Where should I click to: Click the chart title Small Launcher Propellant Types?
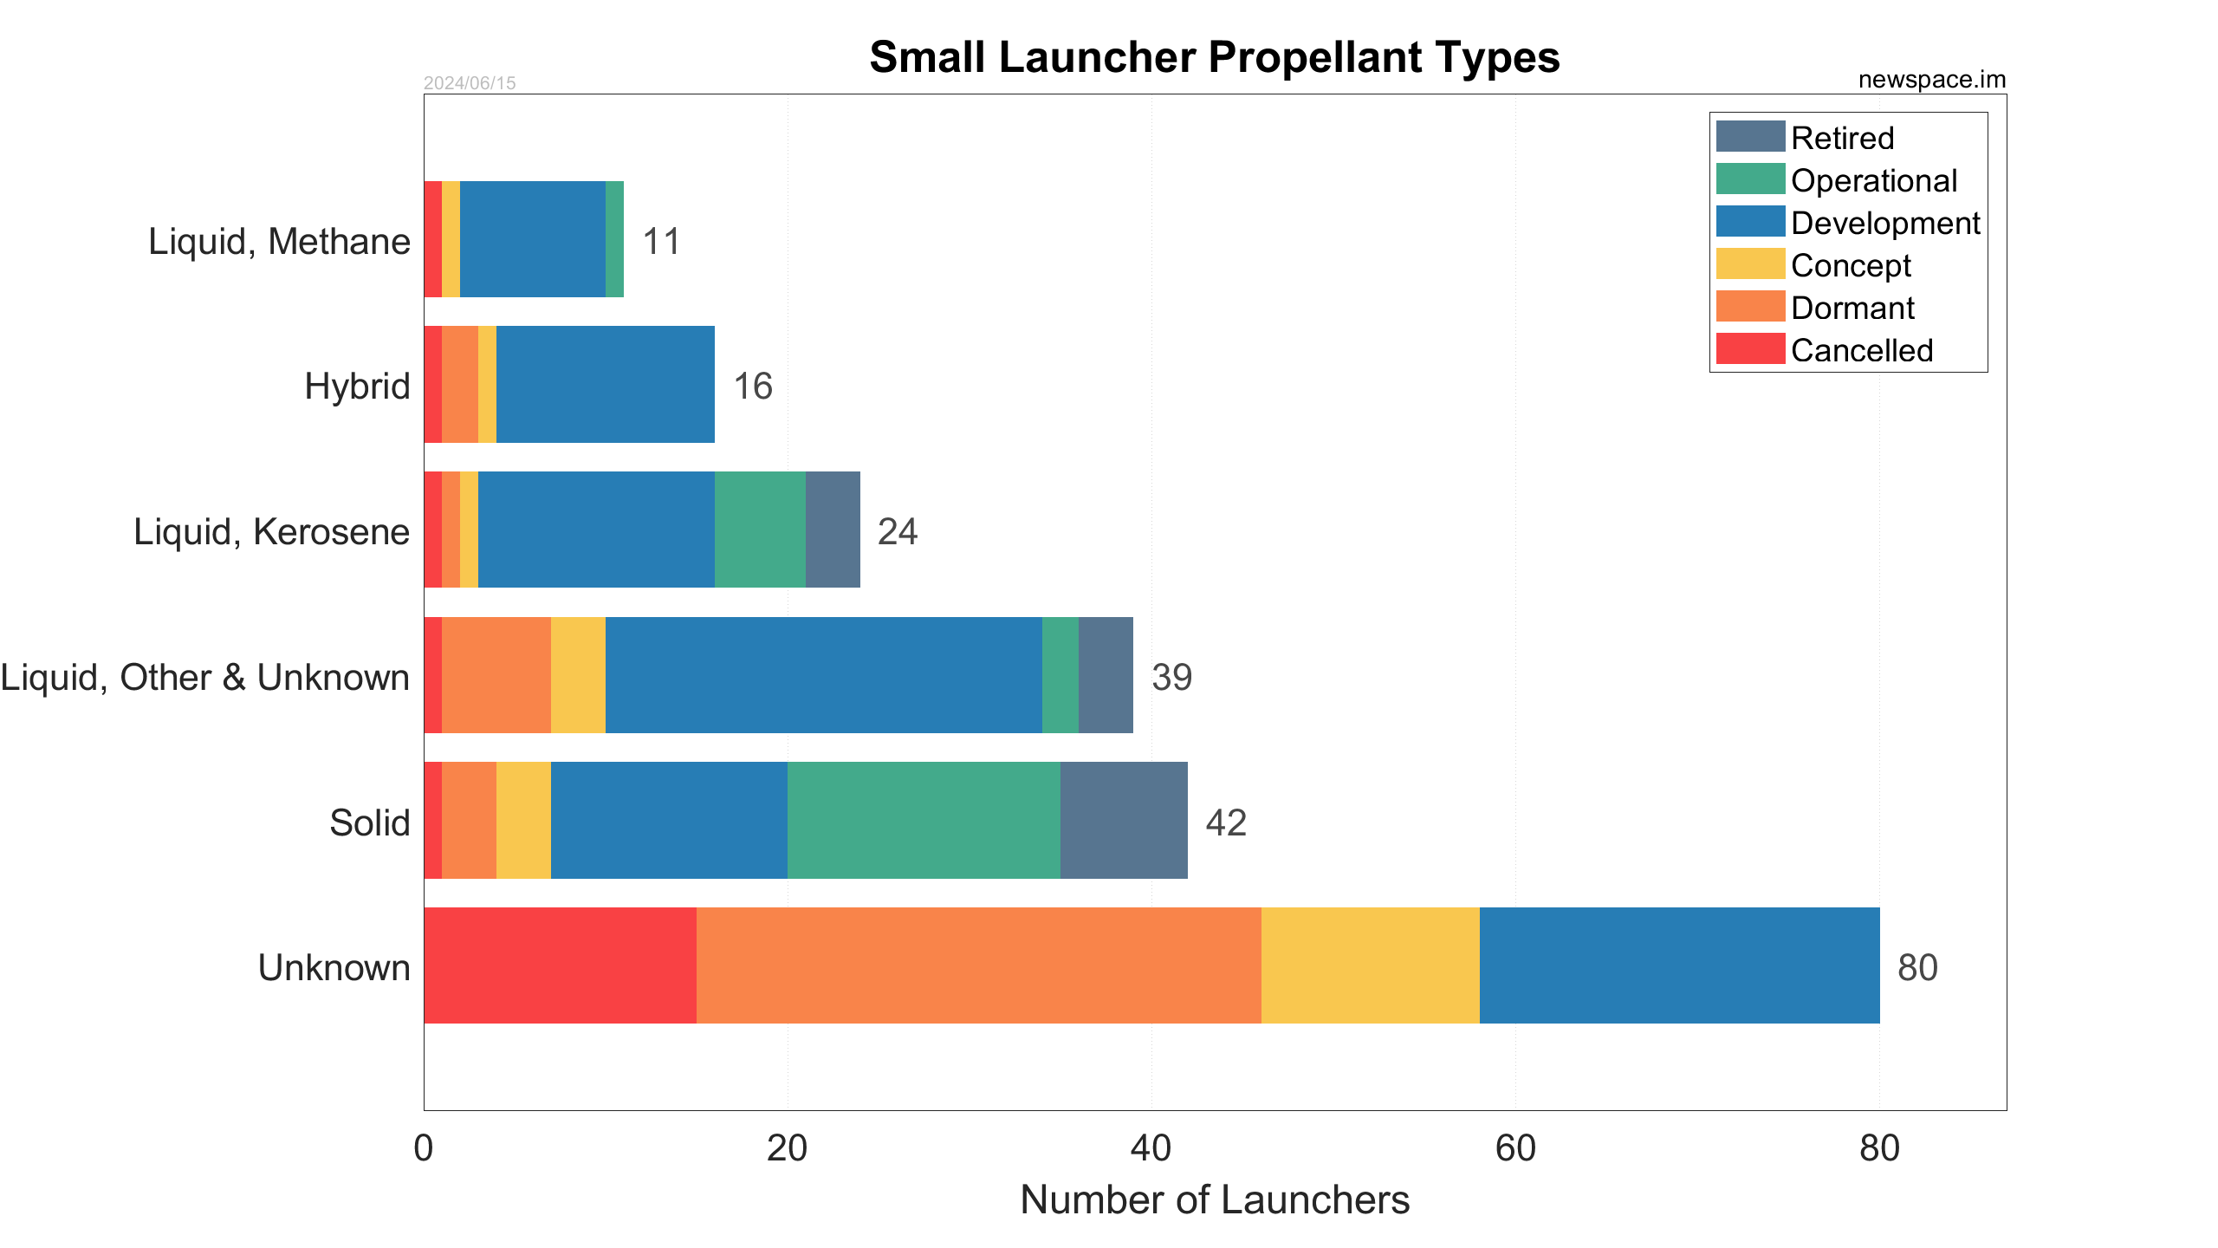1214,58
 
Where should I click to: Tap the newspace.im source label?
1931,80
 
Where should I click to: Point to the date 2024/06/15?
469,83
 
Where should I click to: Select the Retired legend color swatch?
1750,137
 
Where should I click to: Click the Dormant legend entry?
1852,308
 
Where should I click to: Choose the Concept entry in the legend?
1850,265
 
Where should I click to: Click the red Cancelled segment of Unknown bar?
560,965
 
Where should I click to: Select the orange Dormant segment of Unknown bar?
978,965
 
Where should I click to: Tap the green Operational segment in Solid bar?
924,820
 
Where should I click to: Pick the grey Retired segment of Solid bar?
1124,820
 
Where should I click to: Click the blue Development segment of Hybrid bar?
605,384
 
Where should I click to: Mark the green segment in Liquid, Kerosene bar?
760,530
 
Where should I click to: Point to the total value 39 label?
1171,677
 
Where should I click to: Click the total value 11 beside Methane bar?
661,241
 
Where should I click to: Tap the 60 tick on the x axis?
1515,1148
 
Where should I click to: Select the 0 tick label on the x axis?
424,1148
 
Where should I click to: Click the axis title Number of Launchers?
1214,1200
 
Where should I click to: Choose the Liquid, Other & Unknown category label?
204,677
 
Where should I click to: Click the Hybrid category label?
357,386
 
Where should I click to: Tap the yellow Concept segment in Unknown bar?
1370,965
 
